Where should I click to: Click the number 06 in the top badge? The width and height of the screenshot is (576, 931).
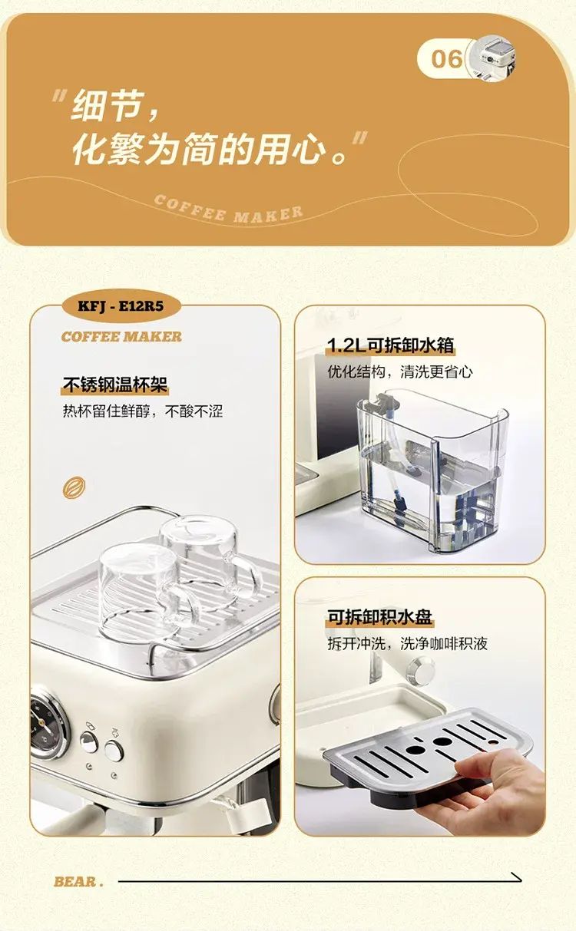pos(446,58)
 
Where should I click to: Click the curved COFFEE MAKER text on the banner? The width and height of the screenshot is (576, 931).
pos(228,210)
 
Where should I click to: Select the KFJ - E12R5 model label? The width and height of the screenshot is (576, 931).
pos(121,306)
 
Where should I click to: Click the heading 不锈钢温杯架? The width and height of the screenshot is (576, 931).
pos(115,384)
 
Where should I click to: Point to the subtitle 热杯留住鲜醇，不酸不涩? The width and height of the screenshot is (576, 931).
pos(143,411)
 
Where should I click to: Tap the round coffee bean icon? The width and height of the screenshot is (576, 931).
pos(74,487)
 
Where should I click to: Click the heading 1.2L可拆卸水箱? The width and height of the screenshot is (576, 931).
pos(390,345)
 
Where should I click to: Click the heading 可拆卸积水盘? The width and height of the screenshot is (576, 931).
pos(379,616)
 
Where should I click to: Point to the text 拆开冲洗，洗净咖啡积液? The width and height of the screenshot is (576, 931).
pos(407,643)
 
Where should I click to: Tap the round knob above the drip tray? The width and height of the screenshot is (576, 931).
pos(421,669)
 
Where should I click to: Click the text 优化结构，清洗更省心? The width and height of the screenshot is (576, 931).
pos(399,371)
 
